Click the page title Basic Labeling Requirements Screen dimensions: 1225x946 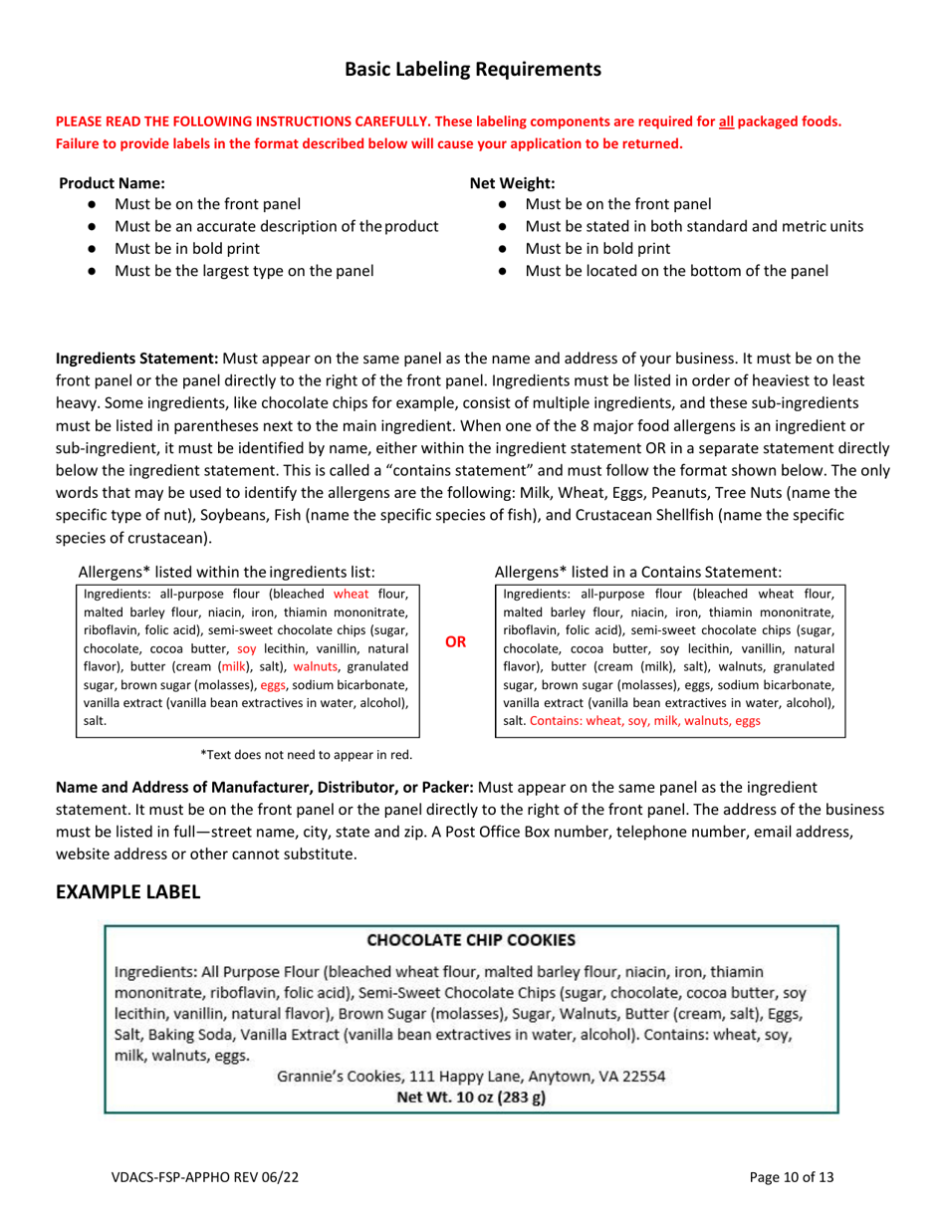coord(473,69)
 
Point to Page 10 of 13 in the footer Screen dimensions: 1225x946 coord(792,1178)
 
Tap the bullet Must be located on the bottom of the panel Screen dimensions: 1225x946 coord(676,269)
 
